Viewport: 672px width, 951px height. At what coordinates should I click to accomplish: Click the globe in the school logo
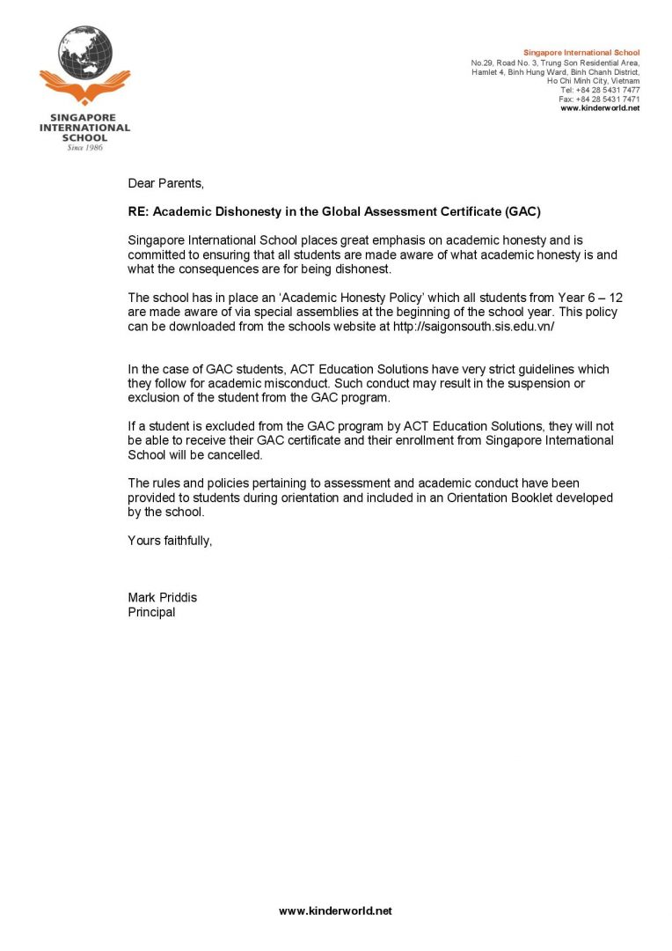[x=85, y=52]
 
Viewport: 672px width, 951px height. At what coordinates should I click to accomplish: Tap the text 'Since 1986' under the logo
[x=84, y=147]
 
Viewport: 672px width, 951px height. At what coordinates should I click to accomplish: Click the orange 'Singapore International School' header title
[x=581, y=53]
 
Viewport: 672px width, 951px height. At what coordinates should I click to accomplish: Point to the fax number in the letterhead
[x=599, y=99]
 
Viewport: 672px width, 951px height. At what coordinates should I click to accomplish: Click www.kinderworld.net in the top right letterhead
[x=600, y=108]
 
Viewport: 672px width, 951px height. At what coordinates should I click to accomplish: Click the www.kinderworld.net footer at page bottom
[x=335, y=910]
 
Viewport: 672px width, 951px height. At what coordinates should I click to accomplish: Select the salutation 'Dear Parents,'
[x=165, y=183]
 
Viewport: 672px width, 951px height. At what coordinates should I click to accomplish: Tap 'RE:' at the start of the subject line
[x=140, y=211]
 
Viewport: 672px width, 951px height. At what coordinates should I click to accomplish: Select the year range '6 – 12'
[x=603, y=298]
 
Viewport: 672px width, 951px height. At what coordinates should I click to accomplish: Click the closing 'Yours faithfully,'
[x=170, y=540]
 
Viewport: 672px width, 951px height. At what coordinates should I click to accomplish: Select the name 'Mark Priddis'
[x=162, y=597]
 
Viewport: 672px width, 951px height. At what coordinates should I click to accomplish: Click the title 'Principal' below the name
[x=151, y=612]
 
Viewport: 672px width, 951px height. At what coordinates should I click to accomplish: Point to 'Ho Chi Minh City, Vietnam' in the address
[x=593, y=81]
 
